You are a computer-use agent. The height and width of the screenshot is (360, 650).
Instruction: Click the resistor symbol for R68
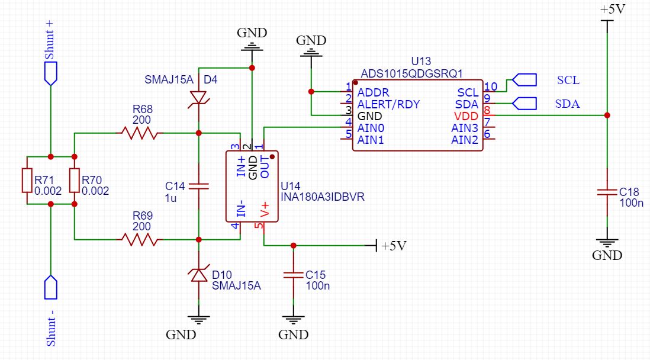click(x=140, y=133)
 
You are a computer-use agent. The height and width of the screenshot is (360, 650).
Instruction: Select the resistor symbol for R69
click(x=140, y=239)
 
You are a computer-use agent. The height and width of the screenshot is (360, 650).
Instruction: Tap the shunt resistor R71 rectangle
click(x=27, y=180)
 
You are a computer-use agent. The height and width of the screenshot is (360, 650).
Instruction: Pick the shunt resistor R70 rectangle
click(x=75, y=180)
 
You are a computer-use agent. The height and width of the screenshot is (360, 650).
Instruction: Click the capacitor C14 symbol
click(x=198, y=186)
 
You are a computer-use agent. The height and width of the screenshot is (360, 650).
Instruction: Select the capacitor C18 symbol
click(x=607, y=192)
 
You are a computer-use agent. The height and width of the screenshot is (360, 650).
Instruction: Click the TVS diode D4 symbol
click(x=198, y=98)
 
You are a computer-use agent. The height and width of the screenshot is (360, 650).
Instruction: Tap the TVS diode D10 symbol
click(x=198, y=275)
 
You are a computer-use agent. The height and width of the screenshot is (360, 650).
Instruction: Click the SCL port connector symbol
click(x=524, y=79)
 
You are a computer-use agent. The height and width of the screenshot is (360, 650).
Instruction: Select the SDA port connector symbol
click(x=524, y=104)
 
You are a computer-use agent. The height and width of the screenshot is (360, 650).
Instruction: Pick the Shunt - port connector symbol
click(x=51, y=288)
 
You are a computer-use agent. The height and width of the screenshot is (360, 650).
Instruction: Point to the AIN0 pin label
click(x=371, y=127)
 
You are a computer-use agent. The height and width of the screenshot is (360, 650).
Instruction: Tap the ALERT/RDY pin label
click(x=389, y=104)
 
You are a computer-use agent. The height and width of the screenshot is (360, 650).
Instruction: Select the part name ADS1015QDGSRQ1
click(x=411, y=73)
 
